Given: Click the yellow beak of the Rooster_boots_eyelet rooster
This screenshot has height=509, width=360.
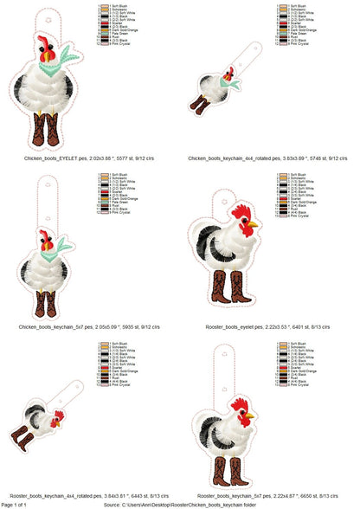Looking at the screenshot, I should (254, 225).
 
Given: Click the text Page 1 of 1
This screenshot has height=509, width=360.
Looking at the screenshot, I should (15, 503).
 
